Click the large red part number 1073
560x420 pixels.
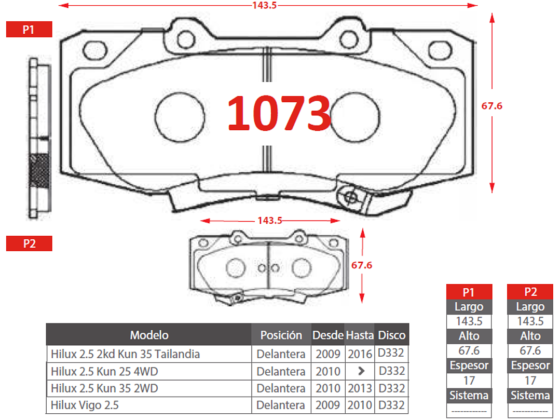279,113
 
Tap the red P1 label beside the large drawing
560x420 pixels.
29,29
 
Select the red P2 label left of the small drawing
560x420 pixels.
29,243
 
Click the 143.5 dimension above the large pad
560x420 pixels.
264,5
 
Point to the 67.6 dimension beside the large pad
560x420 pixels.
492,106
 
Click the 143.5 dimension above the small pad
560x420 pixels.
270,220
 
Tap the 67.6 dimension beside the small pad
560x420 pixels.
361,265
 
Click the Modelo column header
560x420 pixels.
149,335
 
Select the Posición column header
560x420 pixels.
281,335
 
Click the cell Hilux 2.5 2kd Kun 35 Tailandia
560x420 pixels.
126,354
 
